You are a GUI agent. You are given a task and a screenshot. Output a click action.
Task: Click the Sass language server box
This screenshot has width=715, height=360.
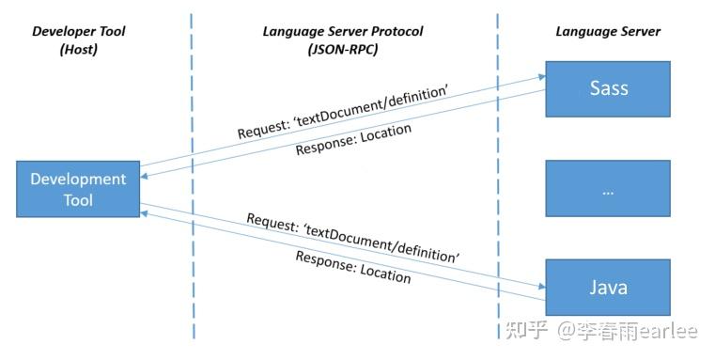(608, 89)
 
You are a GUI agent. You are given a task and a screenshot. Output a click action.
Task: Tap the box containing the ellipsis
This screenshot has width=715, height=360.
(608, 188)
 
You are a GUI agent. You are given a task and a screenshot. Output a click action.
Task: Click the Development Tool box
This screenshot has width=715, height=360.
(78, 189)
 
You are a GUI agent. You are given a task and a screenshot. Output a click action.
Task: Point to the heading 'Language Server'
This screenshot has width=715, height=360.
(608, 31)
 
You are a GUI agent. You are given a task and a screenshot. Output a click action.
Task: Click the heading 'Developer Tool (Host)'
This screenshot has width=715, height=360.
(78, 40)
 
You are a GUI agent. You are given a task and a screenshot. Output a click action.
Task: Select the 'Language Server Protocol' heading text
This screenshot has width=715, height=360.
(343, 31)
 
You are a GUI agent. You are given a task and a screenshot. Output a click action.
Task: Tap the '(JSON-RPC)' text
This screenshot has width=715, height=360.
(343, 50)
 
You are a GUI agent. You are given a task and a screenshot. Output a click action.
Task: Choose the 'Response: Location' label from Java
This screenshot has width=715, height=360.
(353, 267)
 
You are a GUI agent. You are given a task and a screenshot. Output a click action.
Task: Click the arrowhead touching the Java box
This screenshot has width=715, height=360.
(542, 286)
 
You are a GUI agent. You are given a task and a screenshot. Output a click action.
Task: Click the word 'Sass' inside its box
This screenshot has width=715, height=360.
(608, 89)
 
